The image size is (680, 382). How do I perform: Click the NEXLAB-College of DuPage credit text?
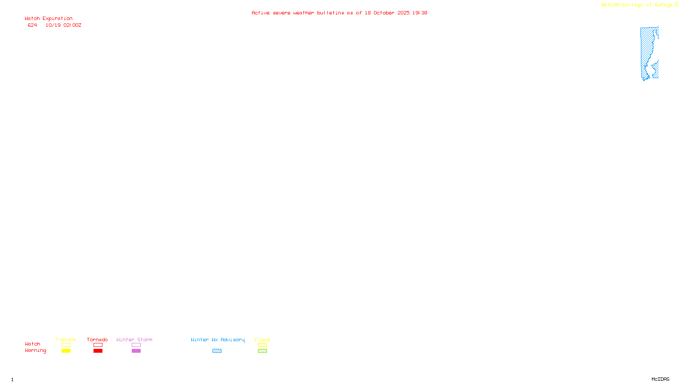(637, 5)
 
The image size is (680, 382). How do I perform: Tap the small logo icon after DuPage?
(676, 5)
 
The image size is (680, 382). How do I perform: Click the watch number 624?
(32, 25)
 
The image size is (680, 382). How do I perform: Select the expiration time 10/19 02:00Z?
(63, 25)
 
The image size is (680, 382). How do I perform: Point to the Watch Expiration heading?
(48, 19)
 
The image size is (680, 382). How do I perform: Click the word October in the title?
(384, 13)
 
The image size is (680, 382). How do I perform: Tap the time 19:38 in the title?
(419, 13)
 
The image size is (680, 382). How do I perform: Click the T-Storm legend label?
(65, 340)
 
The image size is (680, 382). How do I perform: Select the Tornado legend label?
(97, 340)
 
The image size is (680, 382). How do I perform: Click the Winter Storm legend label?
(134, 340)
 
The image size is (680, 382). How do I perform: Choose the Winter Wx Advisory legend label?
(218, 340)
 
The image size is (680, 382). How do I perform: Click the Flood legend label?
(262, 340)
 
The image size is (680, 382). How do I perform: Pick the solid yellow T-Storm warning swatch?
(66, 351)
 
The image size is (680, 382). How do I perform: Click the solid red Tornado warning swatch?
(98, 351)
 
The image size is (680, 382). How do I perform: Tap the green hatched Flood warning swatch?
(262, 351)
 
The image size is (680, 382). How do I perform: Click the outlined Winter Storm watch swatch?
(136, 345)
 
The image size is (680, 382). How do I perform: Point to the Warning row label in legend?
(35, 351)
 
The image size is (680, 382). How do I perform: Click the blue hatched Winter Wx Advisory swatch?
(217, 351)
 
